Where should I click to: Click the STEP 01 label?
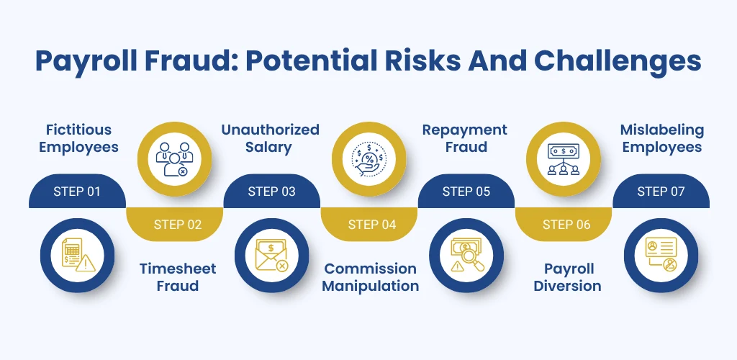tap(77, 192)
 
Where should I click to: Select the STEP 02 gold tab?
tap(175, 224)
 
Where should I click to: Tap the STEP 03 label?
tap(271, 192)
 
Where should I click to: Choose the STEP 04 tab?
tap(369, 224)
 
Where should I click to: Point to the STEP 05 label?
tap(466, 192)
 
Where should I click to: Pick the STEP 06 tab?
tap(564, 224)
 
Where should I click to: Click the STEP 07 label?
tap(661, 192)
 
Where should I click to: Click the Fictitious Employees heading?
tap(78, 138)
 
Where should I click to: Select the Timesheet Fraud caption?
tap(178, 277)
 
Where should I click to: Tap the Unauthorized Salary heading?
tap(271, 138)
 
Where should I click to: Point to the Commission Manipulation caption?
tap(371, 277)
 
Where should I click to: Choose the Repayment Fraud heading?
tap(465, 138)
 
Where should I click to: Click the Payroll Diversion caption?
tap(567, 277)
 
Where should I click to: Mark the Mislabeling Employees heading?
tap(662, 138)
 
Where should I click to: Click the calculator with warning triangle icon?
tap(78, 255)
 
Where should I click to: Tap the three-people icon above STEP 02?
tap(174, 159)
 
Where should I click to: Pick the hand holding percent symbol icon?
tap(369, 159)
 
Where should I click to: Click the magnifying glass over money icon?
tap(466, 255)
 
